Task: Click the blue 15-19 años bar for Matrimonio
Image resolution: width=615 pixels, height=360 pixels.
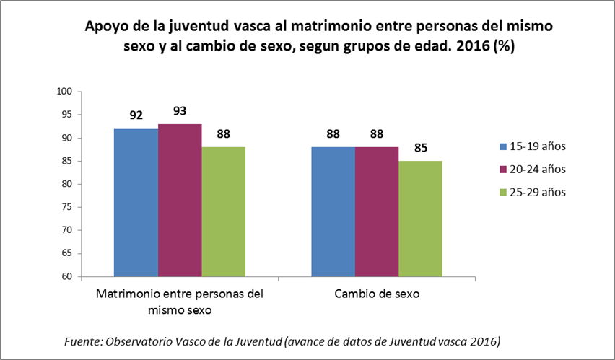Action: click(136, 202)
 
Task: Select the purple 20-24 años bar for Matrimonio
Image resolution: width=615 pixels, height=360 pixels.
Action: click(180, 200)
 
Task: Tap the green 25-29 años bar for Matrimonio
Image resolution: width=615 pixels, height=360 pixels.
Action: click(224, 211)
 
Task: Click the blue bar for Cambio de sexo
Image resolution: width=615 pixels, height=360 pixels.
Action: click(333, 211)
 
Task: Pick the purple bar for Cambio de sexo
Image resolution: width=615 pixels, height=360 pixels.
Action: click(377, 211)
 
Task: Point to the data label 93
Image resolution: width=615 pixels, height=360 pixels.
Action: click(180, 111)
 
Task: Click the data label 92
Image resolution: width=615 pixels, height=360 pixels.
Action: click(136, 115)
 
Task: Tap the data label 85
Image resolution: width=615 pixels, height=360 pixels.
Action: click(420, 148)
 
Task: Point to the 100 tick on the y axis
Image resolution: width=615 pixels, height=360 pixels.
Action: click(66, 92)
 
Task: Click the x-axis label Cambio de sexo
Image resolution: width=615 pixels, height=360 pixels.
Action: click(377, 295)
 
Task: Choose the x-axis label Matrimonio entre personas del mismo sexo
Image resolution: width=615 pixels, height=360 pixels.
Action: click(180, 302)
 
